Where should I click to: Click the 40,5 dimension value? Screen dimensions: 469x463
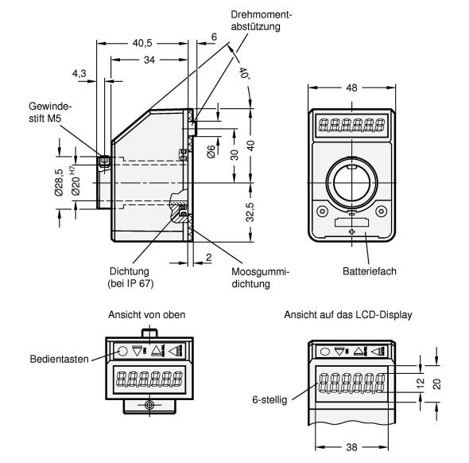(142, 43)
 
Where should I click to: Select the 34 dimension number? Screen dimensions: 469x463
(149, 60)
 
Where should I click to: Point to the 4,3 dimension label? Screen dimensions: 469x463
(79, 73)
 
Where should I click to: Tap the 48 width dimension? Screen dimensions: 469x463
(351, 88)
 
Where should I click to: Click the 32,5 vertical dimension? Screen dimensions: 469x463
(250, 212)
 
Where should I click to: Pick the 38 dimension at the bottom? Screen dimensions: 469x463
(351, 447)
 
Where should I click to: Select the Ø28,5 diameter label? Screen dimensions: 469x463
(60, 182)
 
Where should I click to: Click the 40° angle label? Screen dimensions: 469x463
(244, 73)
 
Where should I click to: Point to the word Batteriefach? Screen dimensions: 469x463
(370, 271)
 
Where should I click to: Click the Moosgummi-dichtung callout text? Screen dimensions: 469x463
(261, 278)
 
